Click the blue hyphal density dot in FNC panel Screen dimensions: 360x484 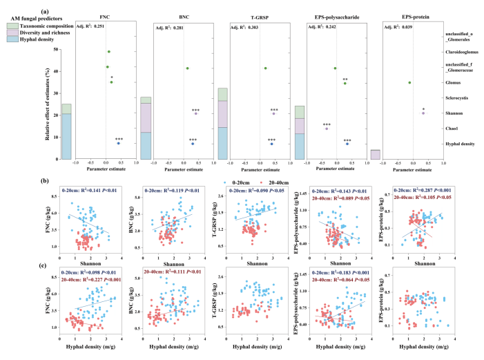point(118,143)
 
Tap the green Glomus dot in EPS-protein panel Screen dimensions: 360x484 point(410,82)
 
